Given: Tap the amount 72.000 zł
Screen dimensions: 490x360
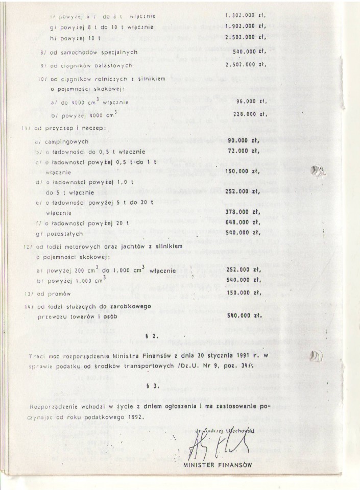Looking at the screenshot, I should point(244,151).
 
